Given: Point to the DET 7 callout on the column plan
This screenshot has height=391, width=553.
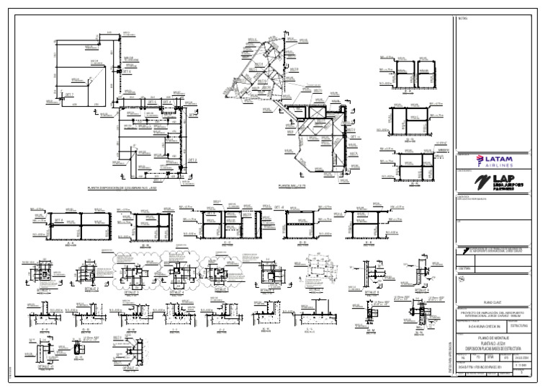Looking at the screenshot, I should [x=70, y=95].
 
